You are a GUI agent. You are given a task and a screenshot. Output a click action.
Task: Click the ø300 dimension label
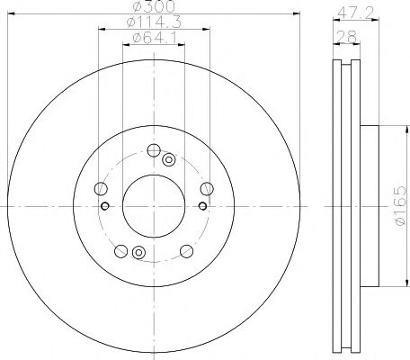(x=154, y=6)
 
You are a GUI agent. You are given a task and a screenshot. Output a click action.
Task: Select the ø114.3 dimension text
(x=154, y=22)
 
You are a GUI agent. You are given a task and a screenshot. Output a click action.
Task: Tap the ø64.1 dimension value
(x=155, y=38)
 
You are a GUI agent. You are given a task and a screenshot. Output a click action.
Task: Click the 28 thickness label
(x=347, y=37)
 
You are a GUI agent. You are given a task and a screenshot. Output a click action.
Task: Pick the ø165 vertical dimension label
(x=400, y=205)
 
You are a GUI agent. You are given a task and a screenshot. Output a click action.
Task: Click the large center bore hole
(x=154, y=206)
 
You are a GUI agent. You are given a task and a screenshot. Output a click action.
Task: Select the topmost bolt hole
(x=154, y=150)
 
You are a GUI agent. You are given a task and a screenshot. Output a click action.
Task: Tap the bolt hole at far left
(x=101, y=189)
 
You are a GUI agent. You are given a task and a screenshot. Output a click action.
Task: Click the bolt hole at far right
(x=207, y=189)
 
